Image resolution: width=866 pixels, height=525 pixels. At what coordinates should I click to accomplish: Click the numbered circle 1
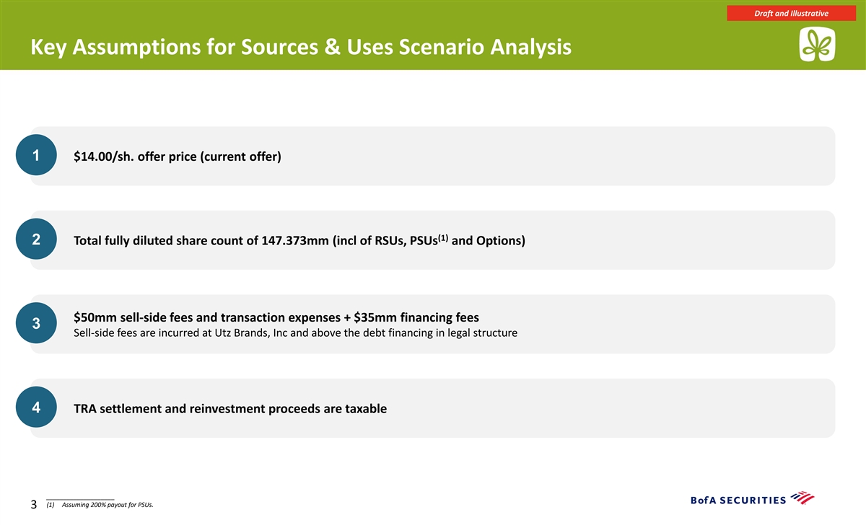(36, 155)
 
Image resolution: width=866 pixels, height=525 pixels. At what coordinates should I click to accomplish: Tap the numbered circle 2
(36, 239)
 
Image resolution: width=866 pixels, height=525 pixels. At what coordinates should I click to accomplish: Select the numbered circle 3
(36, 323)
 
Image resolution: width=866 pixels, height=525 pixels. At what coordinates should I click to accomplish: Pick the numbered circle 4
(36, 407)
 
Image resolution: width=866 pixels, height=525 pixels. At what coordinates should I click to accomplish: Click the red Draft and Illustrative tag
(791, 13)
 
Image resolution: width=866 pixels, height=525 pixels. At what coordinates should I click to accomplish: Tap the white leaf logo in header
(817, 44)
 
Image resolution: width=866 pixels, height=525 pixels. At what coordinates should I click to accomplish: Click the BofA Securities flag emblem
(802, 498)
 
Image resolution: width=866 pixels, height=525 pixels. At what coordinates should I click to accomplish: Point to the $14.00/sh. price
(104, 156)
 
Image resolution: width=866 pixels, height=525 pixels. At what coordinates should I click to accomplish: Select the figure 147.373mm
(295, 241)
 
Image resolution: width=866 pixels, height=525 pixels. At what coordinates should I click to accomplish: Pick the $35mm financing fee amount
(375, 317)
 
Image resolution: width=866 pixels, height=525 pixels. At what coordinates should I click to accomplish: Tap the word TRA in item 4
(85, 409)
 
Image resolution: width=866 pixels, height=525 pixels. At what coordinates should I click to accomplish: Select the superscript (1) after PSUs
(443, 237)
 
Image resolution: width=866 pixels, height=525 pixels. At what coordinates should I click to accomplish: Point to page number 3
(34, 505)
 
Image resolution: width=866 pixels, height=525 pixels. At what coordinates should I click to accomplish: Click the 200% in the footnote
(98, 505)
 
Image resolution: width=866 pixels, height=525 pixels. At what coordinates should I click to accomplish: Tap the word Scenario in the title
(441, 47)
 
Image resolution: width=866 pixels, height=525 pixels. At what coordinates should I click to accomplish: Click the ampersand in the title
(333, 47)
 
